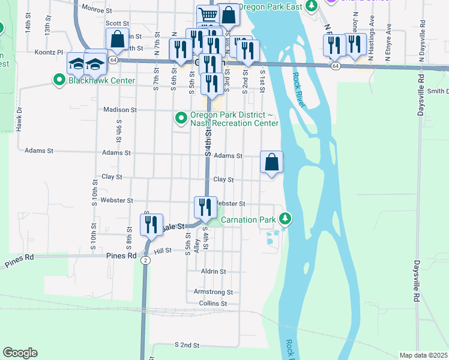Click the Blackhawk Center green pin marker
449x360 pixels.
point(59,80)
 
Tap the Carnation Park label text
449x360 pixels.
point(250,220)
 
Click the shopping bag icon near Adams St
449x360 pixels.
point(271,162)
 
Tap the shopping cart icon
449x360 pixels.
point(207,14)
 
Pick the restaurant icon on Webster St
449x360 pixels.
point(205,208)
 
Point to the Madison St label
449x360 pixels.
point(120,110)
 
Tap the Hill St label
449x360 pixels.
point(163,251)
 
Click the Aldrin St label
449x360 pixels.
point(213,271)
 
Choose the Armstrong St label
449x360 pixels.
point(212,292)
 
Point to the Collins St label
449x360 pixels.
point(212,304)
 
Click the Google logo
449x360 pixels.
point(20,353)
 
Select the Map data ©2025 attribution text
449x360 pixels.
point(423,355)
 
